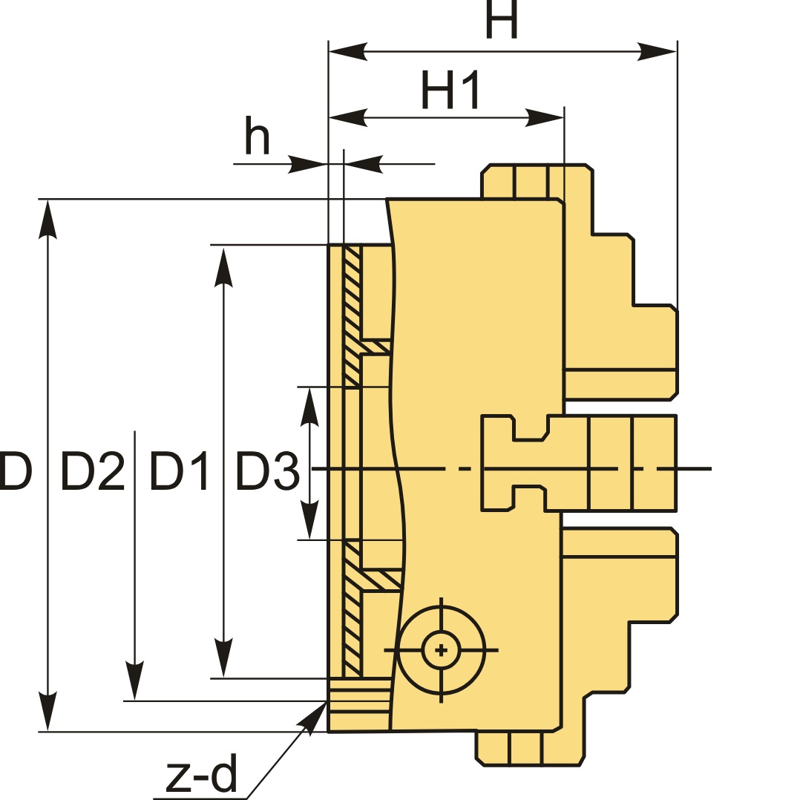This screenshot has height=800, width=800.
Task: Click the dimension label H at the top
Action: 501,21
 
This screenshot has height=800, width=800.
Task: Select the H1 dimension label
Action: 450,90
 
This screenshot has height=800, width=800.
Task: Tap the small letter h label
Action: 257,137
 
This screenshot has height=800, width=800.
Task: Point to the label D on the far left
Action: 15,471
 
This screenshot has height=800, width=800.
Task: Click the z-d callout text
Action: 200,775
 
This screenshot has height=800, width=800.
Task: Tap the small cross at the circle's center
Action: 442,650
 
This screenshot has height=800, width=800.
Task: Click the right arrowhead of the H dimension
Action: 658,52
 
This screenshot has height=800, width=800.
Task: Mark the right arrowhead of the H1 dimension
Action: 545,117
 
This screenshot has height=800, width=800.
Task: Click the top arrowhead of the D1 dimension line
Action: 223,267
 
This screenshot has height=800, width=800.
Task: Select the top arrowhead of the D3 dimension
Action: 309,407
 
